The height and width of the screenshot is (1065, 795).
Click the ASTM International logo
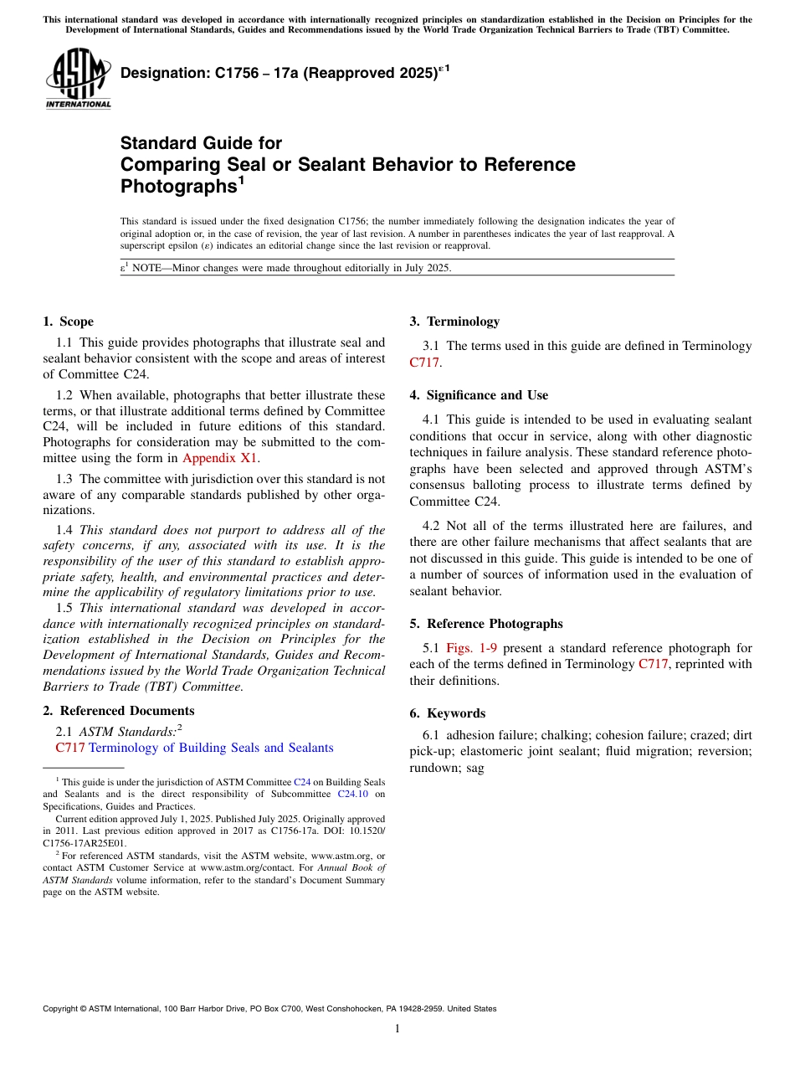78,79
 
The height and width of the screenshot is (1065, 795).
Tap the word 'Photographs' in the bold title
177,186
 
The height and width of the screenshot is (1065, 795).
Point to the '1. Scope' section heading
68,322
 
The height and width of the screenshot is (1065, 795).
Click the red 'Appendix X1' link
220,458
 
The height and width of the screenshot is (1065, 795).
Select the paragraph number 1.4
64,530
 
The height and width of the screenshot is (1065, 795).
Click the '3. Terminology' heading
454,322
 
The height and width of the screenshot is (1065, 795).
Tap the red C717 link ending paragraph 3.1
424,363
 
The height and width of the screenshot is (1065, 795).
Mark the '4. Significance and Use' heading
479,395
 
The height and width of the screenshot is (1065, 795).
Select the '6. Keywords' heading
447,713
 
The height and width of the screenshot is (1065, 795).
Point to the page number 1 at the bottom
397,1029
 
